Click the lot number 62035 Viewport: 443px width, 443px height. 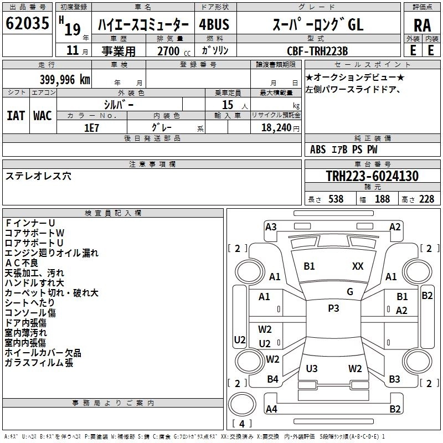27,25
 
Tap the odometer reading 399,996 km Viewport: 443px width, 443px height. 65,79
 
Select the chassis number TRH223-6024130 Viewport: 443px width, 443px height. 372,177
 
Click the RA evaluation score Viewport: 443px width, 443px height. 422,25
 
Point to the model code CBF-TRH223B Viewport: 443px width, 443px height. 317,51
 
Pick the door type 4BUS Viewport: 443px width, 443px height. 214,25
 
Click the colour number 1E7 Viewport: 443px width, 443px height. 91,127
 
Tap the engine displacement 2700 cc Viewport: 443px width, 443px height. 168,51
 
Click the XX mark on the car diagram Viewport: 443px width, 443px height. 358,266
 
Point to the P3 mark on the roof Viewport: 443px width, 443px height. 333,308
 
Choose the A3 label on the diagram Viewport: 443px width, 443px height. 271,226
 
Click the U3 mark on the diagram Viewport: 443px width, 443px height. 312,368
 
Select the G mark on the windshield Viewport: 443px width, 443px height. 350,292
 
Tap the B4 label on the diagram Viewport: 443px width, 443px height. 272,379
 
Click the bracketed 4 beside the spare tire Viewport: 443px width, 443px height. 241,424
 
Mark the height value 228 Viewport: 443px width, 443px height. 426,199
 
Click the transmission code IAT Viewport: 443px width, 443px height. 16,115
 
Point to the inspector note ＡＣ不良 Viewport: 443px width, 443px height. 22,263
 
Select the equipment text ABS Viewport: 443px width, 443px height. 318,150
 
